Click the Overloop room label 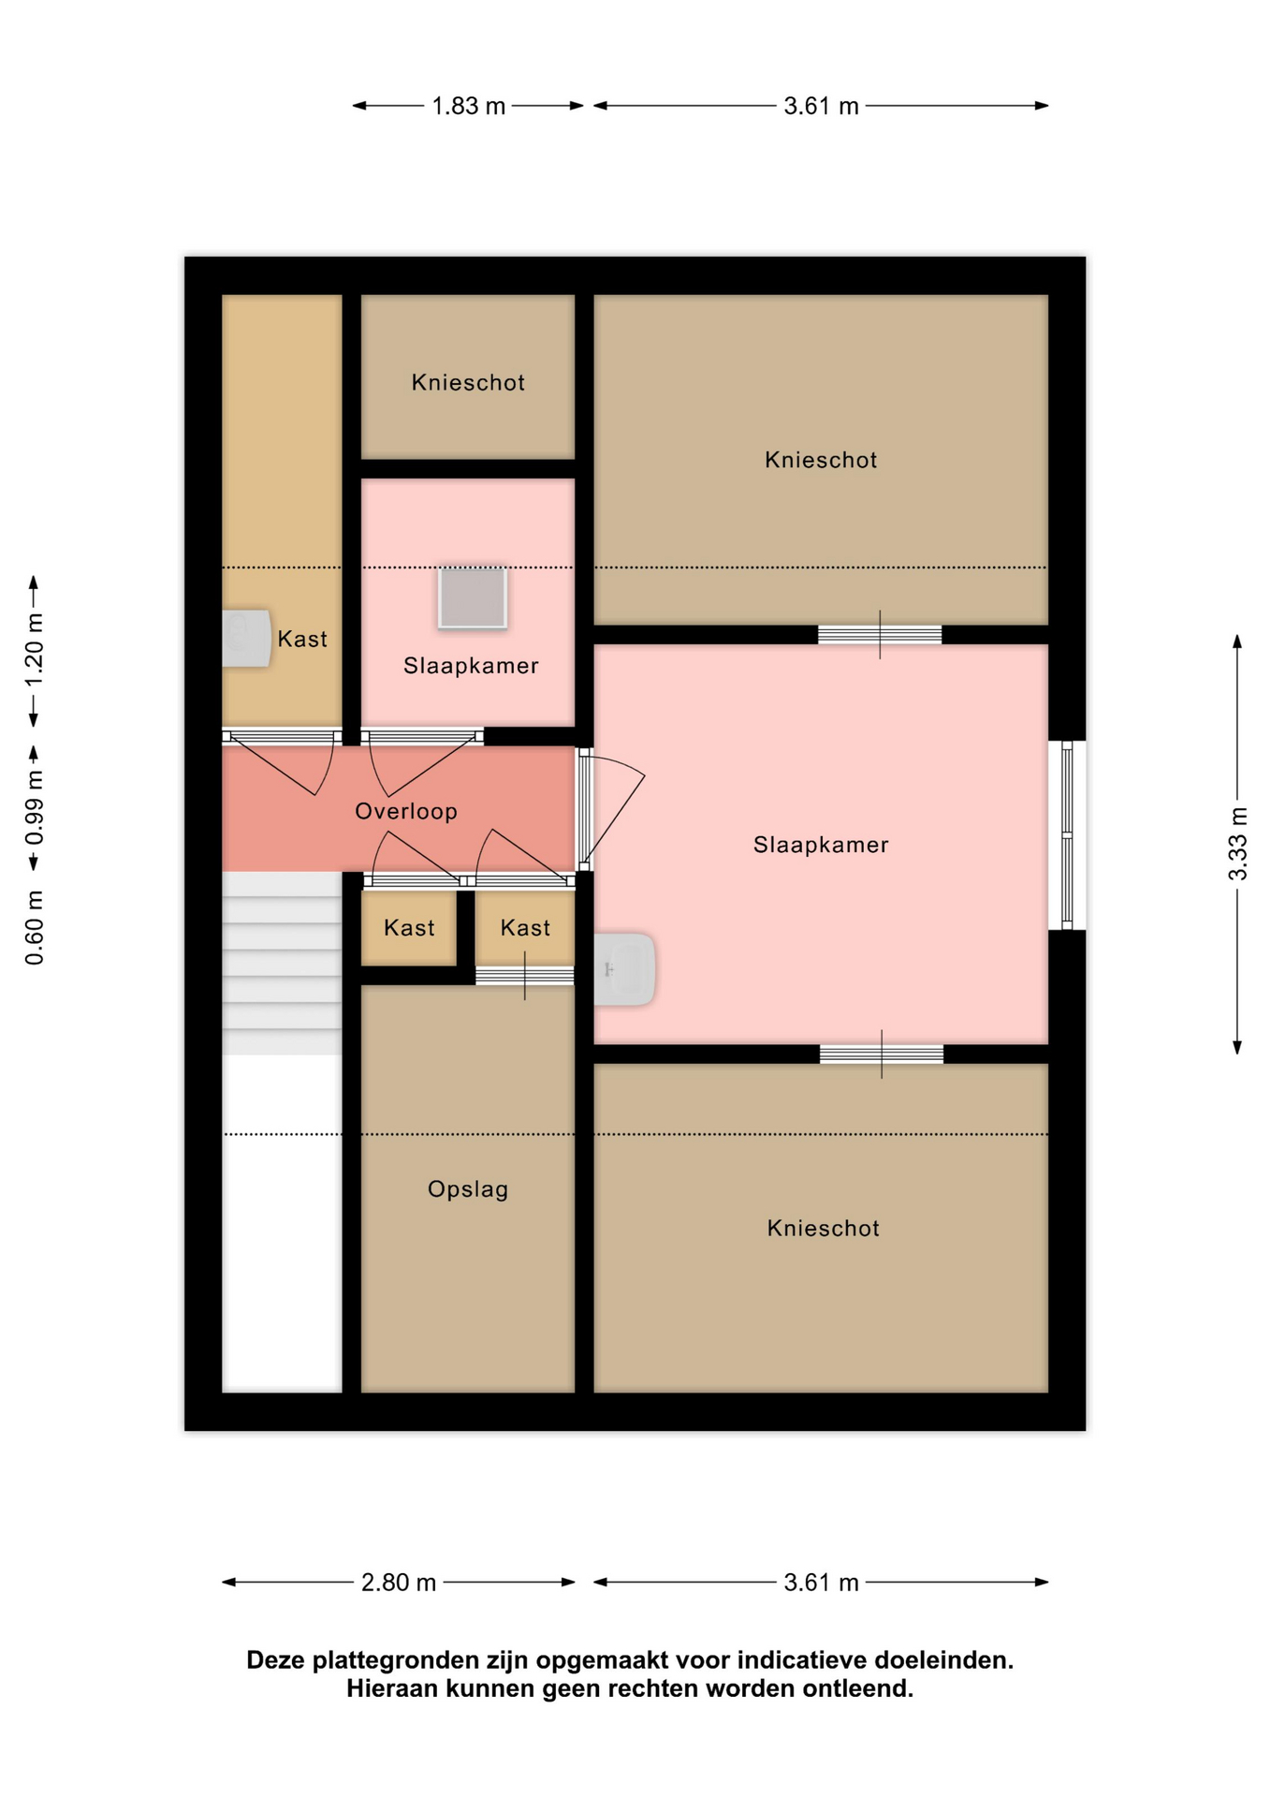pos(406,811)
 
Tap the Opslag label pos(468,1189)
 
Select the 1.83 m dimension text pos(468,106)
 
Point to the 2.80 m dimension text pos(399,1582)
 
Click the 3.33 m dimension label pos(1237,844)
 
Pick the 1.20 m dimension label pos(34,650)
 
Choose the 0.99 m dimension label pos(34,808)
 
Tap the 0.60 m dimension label pos(34,927)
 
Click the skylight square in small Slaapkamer pos(473,597)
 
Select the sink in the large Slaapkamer pos(624,969)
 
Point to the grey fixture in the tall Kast pos(246,639)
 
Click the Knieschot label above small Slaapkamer pos(468,382)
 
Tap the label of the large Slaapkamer pos(821,845)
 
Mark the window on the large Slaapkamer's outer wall pos(1067,834)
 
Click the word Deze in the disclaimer pos(276,1660)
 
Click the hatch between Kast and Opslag pos(524,976)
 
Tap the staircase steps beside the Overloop pos(282,964)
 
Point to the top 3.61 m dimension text pos(821,106)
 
